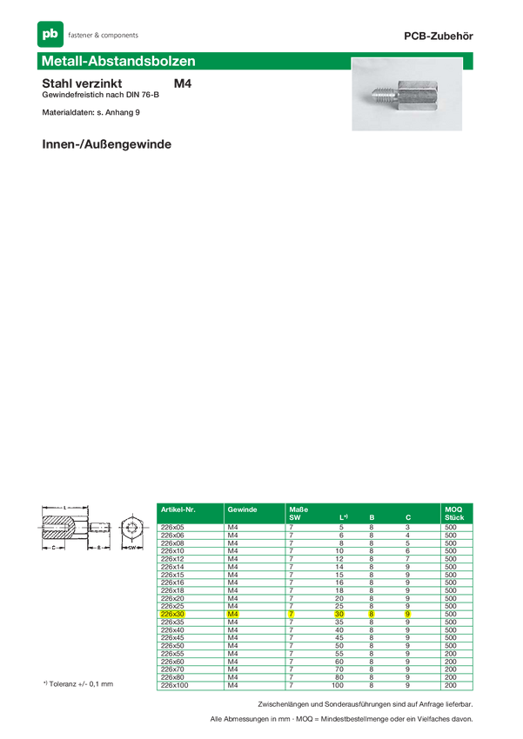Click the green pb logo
click(50, 34)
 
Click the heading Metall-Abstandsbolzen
click(118, 62)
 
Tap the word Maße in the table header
click(298, 509)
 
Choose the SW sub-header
click(294, 517)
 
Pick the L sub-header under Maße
click(343, 517)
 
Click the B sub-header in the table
click(372, 517)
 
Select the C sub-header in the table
click(407, 517)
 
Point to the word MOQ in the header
click(453, 509)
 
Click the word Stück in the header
click(454, 517)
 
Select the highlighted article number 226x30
click(173, 614)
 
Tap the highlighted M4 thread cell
click(232, 614)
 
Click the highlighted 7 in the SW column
click(292, 614)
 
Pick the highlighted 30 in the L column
click(340, 614)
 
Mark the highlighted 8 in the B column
click(371, 614)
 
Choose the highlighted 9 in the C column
click(406, 614)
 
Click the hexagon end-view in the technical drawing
click(131, 528)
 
